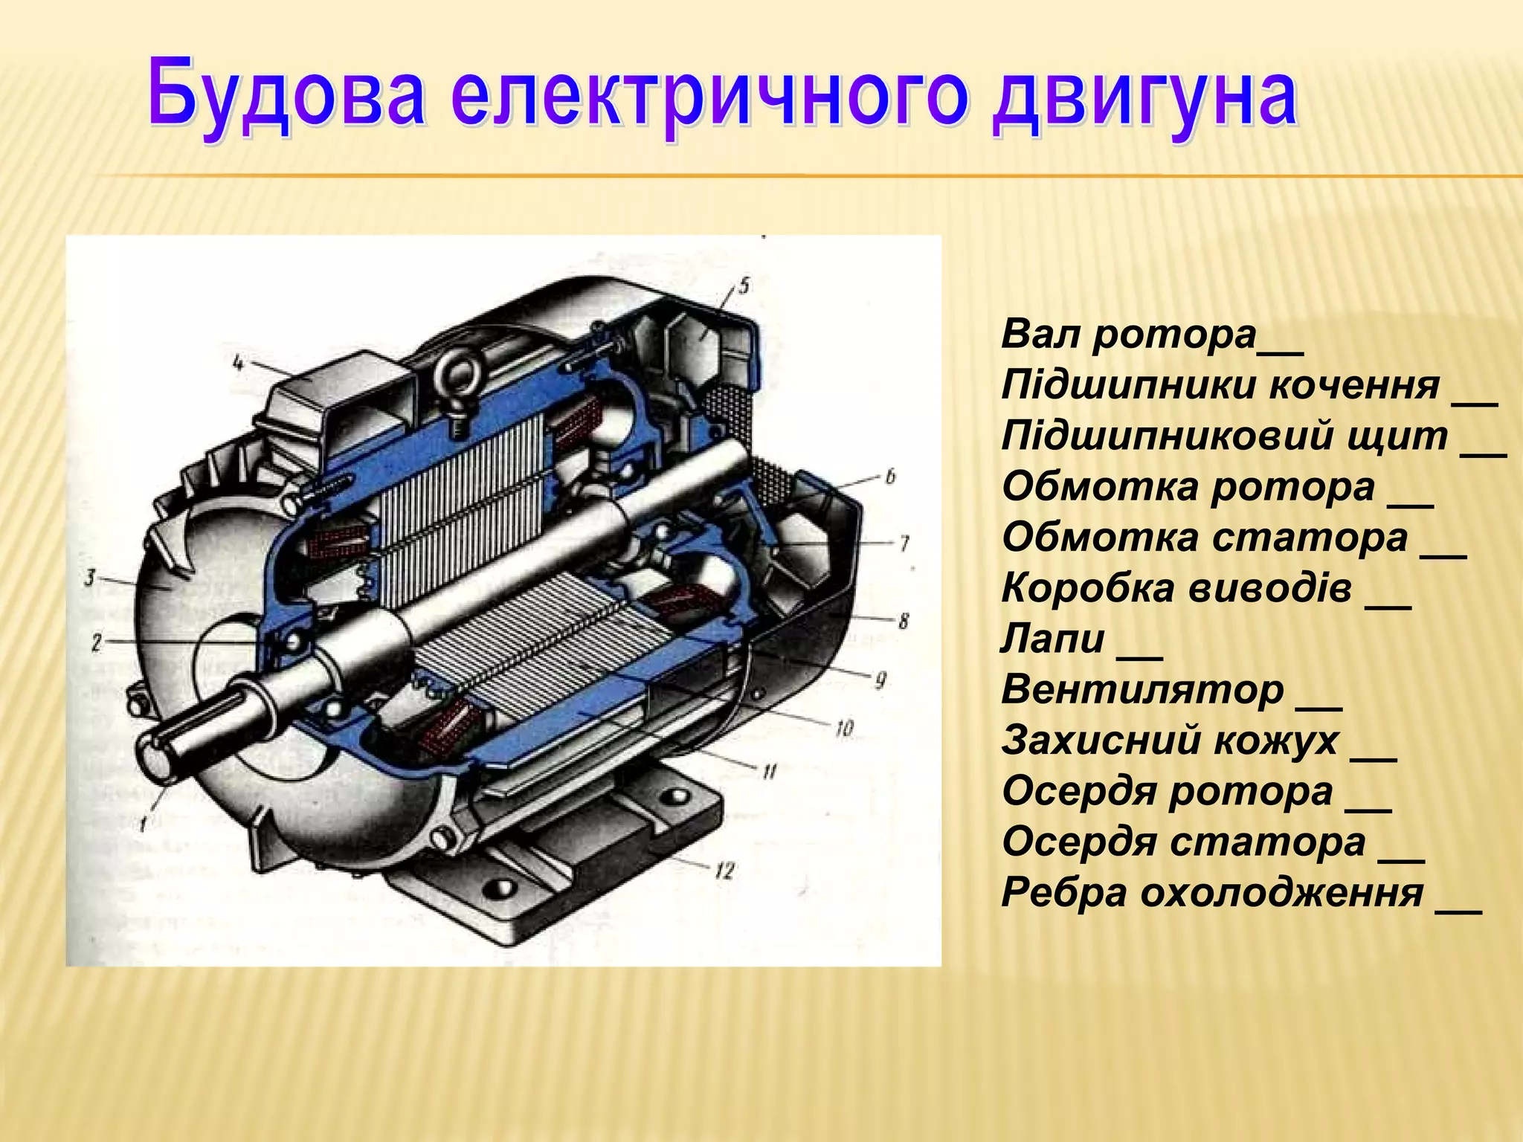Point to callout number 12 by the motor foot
[725, 870]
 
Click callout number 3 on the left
[90, 576]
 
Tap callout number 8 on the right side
[903, 620]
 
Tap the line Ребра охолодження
[1212, 893]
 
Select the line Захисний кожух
[1171, 741]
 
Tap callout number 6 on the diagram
[890, 477]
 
